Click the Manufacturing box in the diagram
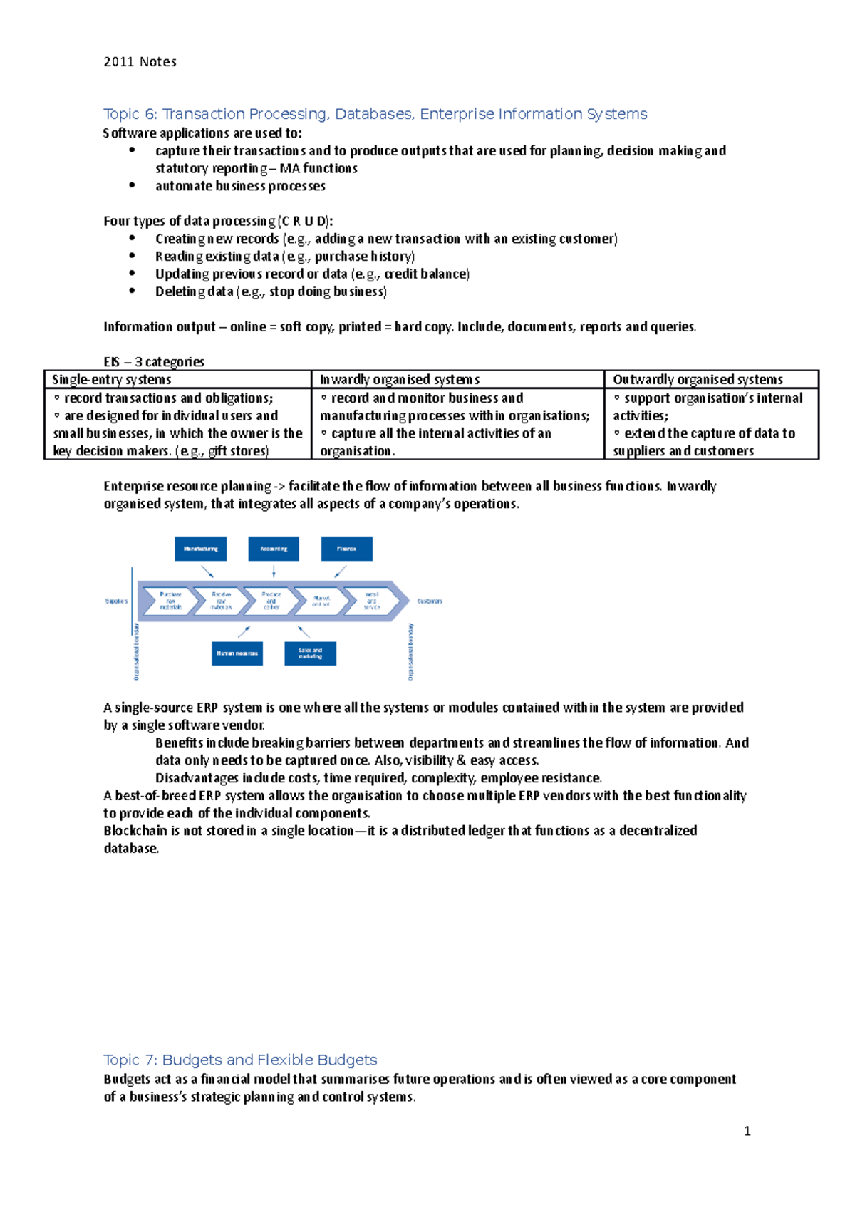[x=201, y=549]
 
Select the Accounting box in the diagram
[x=274, y=549]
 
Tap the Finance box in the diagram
[x=346, y=549]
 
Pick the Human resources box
[x=237, y=653]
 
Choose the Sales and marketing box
[x=310, y=653]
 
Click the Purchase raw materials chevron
[x=170, y=601]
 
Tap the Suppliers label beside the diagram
[x=116, y=601]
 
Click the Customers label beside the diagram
[x=430, y=601]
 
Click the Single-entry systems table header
[x=112, y=380]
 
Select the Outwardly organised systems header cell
[x=698, y=380]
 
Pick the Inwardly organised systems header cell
[x=399, y=380]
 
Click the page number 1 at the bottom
[x=747, y=1131]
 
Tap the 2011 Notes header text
[x=140, y=62]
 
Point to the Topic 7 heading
[x=240, y=1060]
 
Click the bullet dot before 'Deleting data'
[x=132, y=291]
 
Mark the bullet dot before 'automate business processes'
[x=132, y=185]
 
